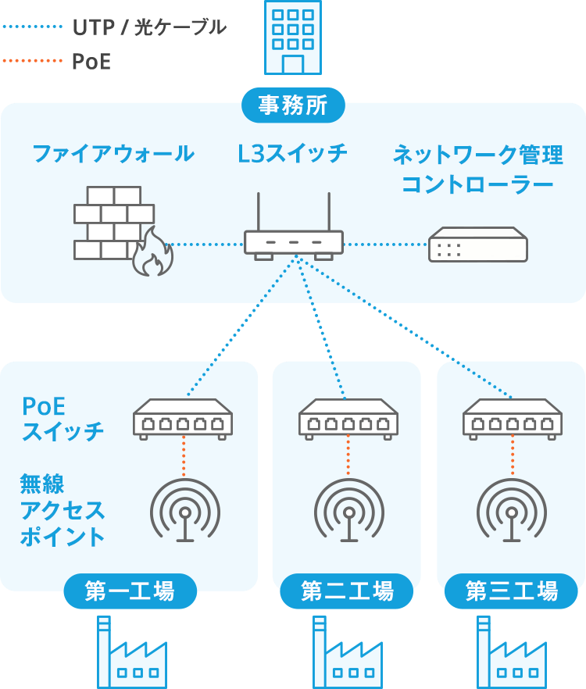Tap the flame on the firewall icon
point(150,254)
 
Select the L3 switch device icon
point(293,242)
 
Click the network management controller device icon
point(477,245)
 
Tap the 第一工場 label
point(130,591)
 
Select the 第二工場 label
point(346,591)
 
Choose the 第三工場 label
point(511,591)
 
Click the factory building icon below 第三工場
point(511,656)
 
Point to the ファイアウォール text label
point(113,154)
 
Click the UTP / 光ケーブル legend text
point(148,27)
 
